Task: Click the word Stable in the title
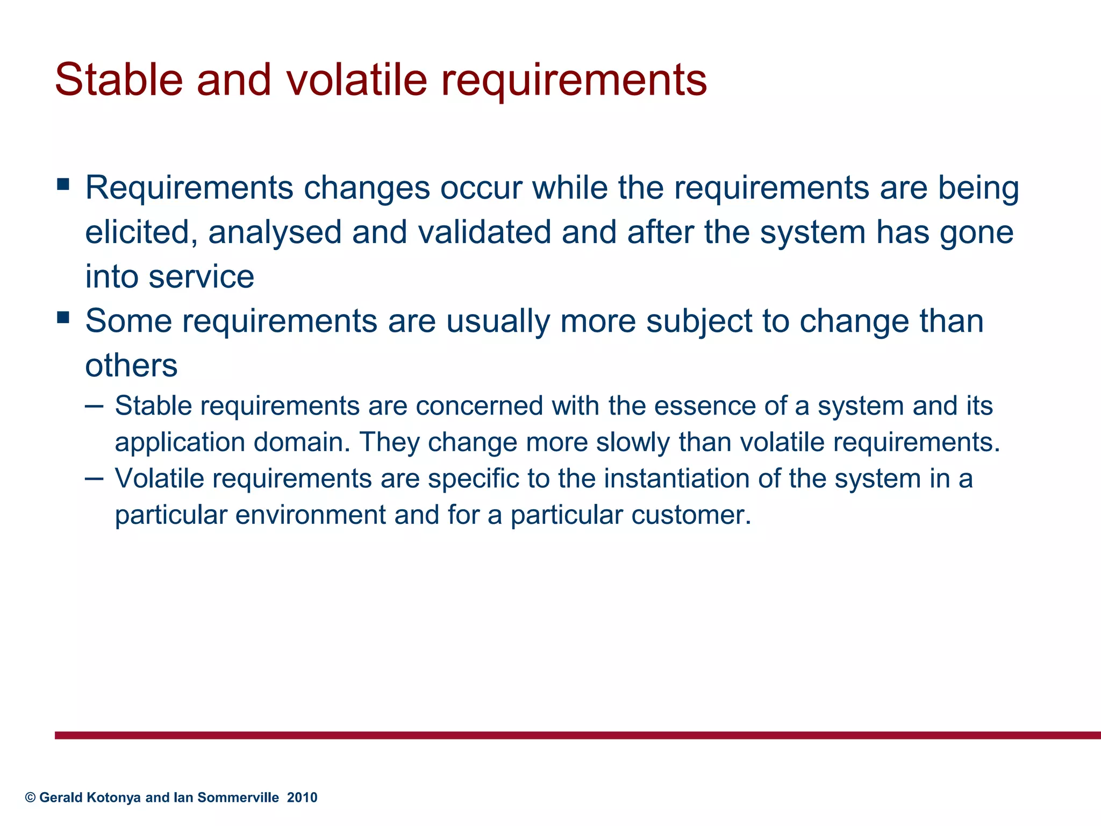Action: click(x=119, y=80)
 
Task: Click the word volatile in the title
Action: click(x=356, y=80)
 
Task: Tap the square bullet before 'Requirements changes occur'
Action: click(x=63, y=184)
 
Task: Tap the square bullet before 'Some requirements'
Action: click(x=63, y=317)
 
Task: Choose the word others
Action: click(x=131, y=366)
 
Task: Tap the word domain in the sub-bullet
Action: click(x=299, y=442)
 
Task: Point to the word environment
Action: click(x=310, y=515)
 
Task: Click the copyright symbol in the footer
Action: click(x=30, y=797)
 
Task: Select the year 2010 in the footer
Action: click(x=302, y=797)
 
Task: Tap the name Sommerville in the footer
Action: click(x=238, y=797)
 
